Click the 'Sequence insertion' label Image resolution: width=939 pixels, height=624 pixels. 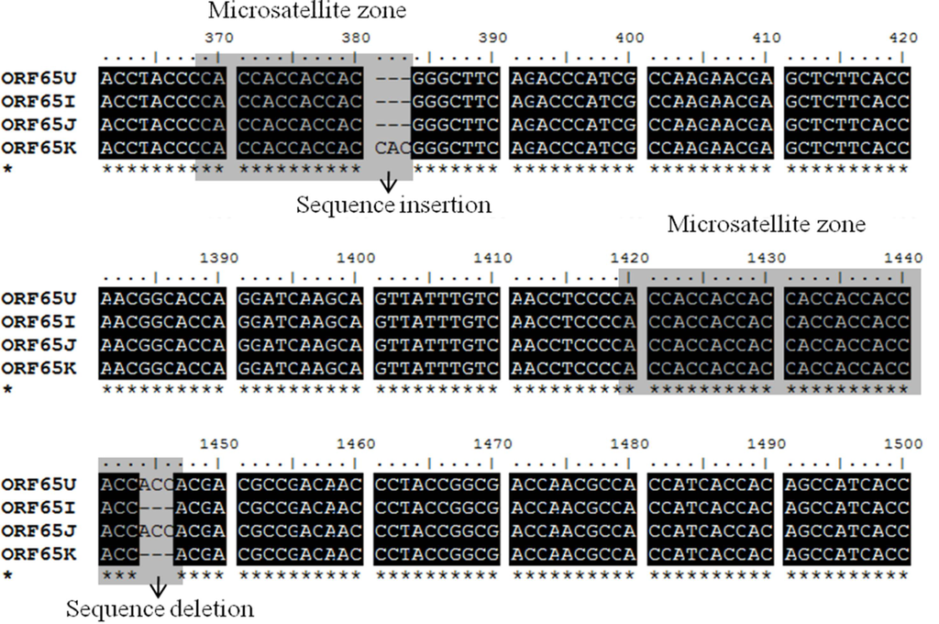[x=392, y=205]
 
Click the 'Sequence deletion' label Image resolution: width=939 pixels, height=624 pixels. [x=160, y=608]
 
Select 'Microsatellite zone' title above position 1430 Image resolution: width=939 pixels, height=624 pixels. [x=767, y=223]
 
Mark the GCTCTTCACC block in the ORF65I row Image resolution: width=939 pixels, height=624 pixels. [x=847, y=101]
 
